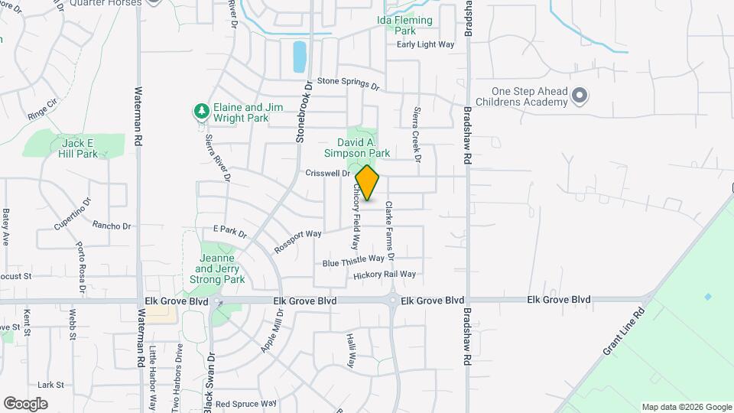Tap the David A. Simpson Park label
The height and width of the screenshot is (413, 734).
click(364, 148)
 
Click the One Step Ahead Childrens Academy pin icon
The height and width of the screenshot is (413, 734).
click(580, 96)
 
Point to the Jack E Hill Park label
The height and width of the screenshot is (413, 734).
click(79, 148)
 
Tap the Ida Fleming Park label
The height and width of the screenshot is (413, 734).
click(404, 25)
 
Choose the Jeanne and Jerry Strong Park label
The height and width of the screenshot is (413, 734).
click(219, 268)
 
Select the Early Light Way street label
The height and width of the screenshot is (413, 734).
click(425, 44)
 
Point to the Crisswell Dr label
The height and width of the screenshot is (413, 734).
click(327, 174)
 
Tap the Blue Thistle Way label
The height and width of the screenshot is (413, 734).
click(353, 261)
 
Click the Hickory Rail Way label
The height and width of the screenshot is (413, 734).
click(385, 274)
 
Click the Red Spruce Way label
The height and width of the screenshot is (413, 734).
click(245, 403)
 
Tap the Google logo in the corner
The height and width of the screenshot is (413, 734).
click(25, 403)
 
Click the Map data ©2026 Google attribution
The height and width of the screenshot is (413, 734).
click(686, 407)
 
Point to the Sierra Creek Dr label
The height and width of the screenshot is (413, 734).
click(417, 135)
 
